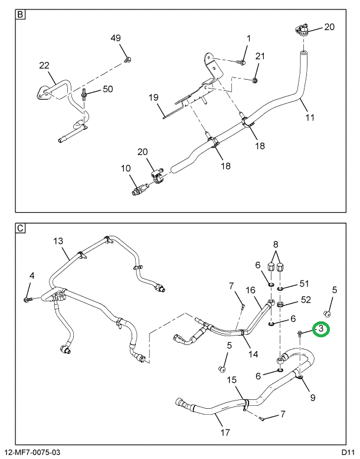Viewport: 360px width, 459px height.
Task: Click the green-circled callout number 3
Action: [321, 329]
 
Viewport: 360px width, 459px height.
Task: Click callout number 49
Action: [116, 38]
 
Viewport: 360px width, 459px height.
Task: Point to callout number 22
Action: [45, 66]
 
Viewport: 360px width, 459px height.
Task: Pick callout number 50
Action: [107, 89]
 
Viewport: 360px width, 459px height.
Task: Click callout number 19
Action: [153, 97]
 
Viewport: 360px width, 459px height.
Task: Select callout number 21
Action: [260, 56]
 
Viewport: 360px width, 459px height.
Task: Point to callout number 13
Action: [58, 241]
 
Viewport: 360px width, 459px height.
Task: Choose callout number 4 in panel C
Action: [32, 275]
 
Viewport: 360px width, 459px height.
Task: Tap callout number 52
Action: [305, 300]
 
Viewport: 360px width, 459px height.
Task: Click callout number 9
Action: [312, 397]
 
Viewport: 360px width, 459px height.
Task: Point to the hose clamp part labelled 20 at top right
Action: [300, 30]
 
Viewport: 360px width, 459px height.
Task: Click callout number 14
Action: [253, 354]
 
